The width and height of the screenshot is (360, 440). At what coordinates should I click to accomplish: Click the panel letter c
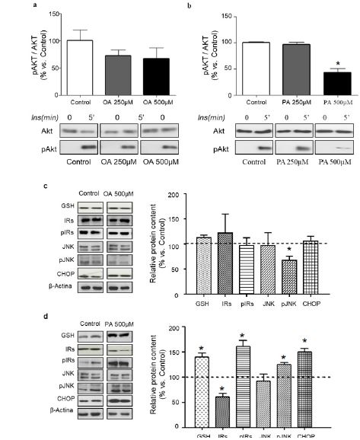(x=50, y=184)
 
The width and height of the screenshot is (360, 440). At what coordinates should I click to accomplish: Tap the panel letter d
(x=50, y=308)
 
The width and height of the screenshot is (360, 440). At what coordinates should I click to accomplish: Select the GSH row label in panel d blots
(x=67, y=333)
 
